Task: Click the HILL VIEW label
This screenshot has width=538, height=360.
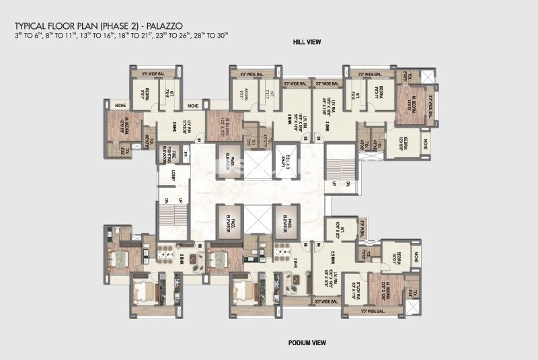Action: (x=307, y=42)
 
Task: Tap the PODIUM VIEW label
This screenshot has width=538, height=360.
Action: (x=307, y=343)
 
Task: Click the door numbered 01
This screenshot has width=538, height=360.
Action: (x=199, y=141)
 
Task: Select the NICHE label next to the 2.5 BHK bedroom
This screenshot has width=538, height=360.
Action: (x=417, y=256)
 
